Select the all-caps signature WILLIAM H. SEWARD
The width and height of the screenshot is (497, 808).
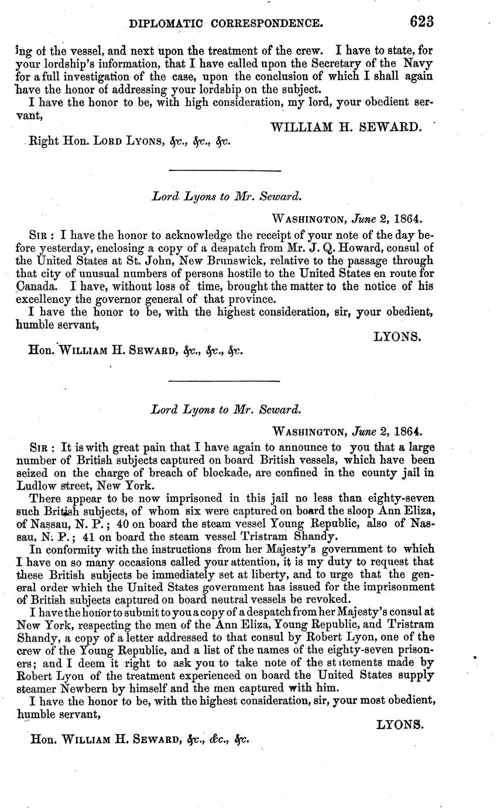(x=347, y=126)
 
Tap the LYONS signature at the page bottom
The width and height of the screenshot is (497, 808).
(x=399, y=725)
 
